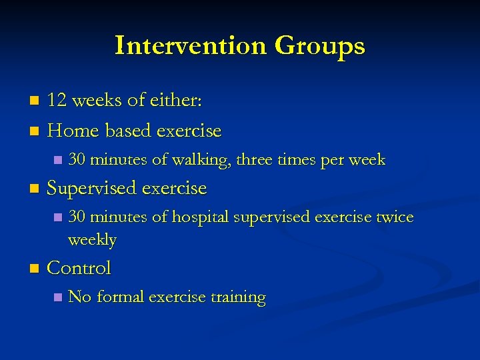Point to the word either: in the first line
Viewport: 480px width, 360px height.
pos(174,101)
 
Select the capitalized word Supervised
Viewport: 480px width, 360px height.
pos(92,189)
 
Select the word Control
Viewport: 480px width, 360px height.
pos(79,268)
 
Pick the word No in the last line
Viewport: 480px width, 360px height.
pos(80,297)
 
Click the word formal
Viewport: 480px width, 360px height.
pos(121,297)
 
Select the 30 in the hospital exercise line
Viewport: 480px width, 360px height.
pos(77,217)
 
